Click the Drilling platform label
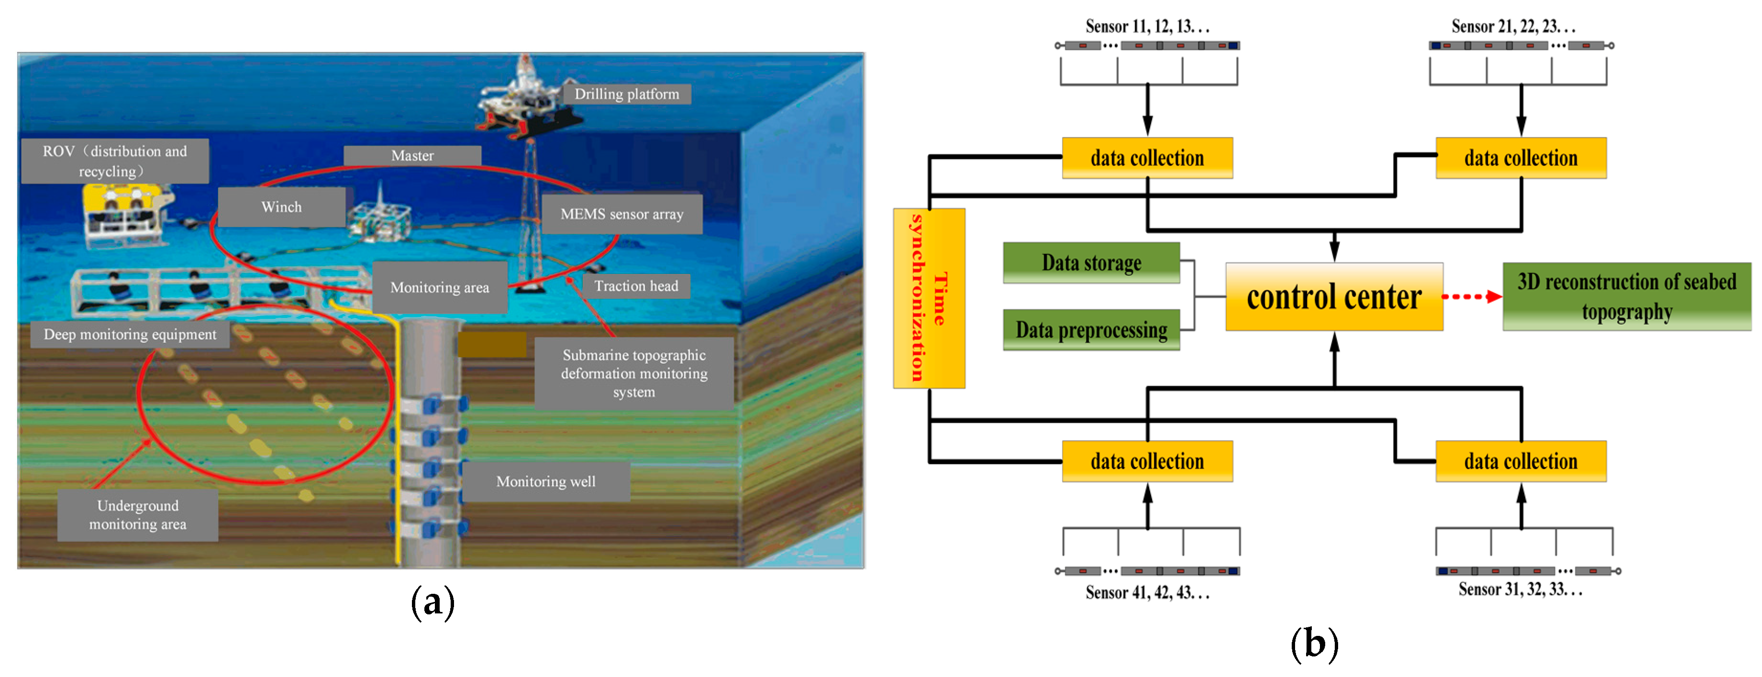tap(627, 94)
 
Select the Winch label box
tap(281, 207)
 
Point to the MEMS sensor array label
tap(622, 214)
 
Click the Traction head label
tap(636, 286)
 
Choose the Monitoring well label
tap(546, 481)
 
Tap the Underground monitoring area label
tap(137, 515)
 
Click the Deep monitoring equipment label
tap(130, 334)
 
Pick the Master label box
tap(412, 155)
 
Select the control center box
tap(1334, 297)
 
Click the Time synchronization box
tap(929, 298)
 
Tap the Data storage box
tap(1091, 262)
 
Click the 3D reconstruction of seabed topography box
tap(1627, 297)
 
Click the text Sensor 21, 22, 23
tap(1513, 27)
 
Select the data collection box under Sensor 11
tap(1147, 158)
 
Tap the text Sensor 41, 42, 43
tap(1147, 592)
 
